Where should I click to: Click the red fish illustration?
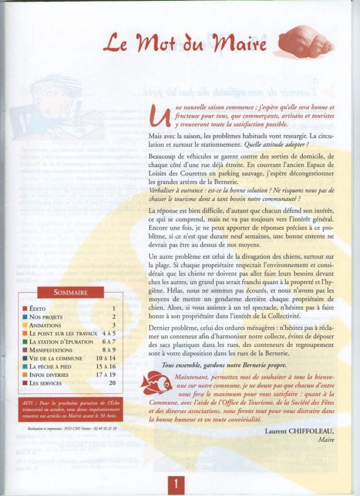point(156,383)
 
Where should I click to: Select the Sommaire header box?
point(71,292)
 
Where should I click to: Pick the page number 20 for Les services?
point(112,383)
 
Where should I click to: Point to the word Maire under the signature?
point(326,439)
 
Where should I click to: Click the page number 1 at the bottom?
point(176,483)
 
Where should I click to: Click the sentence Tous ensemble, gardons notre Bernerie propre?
point(224,365)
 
